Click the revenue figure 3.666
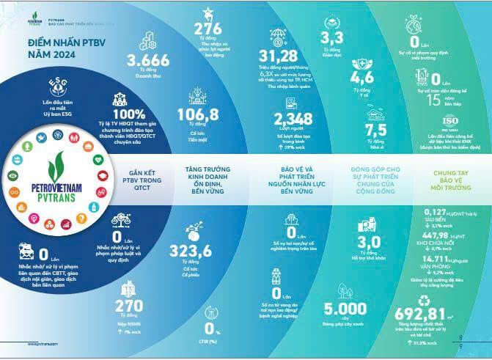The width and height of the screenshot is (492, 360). (148, 61)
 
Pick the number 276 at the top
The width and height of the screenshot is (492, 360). (208, 29)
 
